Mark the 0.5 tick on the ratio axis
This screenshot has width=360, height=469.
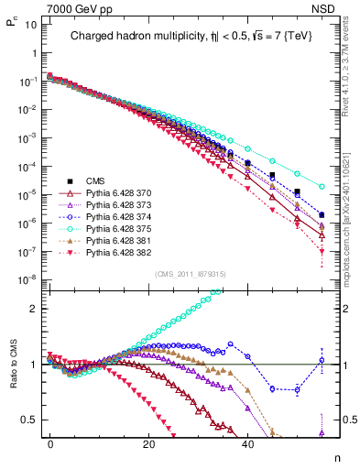(x=27, y=420)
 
